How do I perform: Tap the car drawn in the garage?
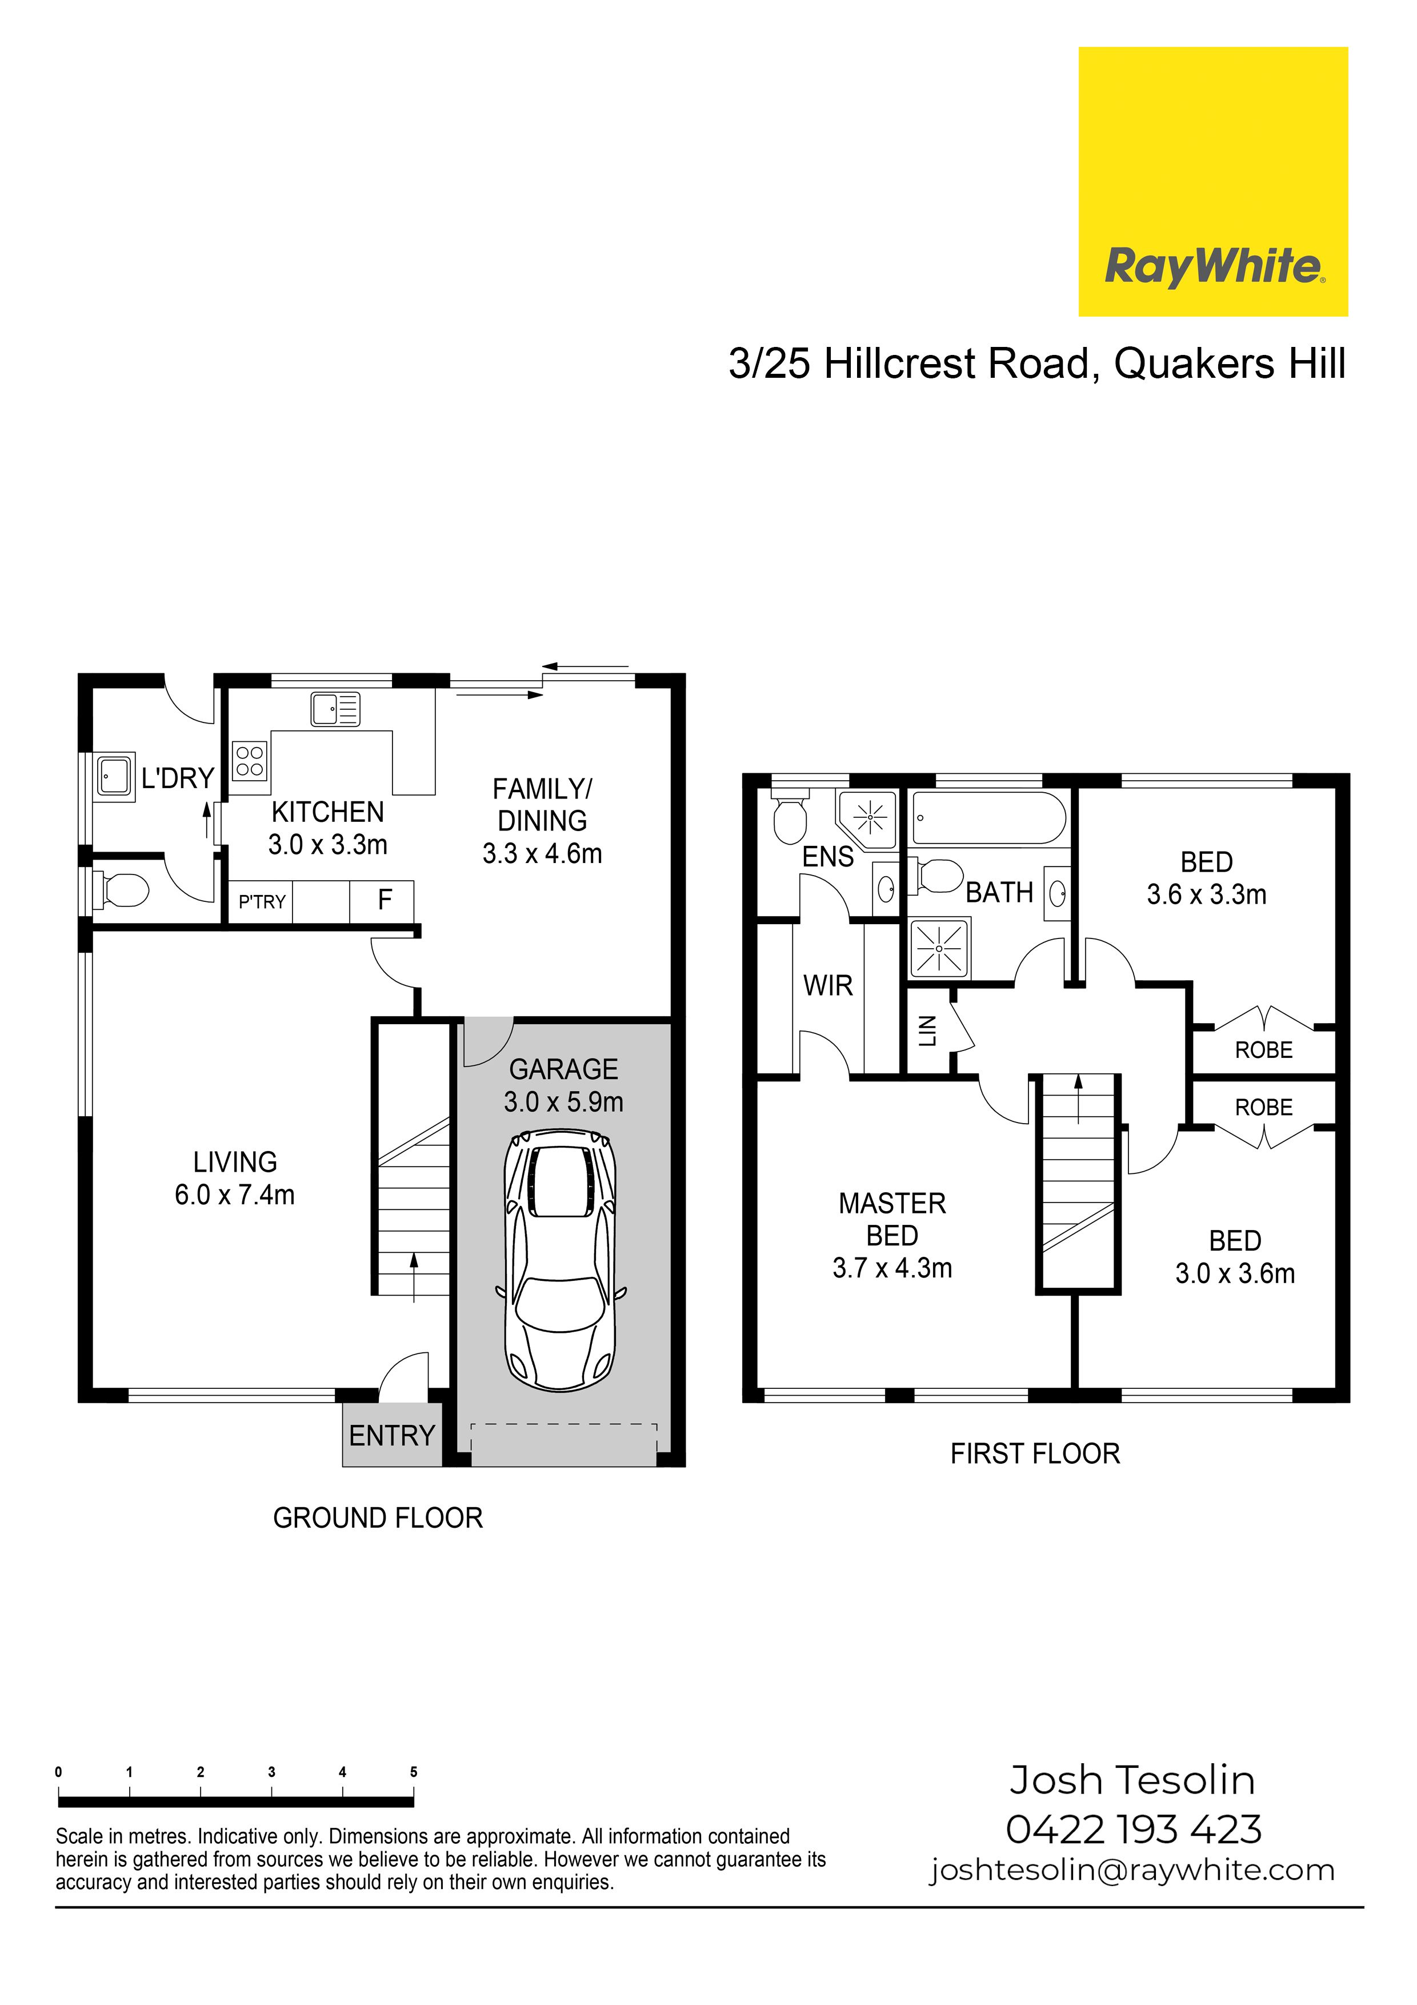coord(559,1261)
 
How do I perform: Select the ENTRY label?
coord(392,1435)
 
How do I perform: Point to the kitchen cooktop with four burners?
coord(250,760)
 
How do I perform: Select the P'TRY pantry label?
coord(262,901)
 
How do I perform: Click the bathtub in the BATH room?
coord(989,818)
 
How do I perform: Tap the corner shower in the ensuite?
coord(868,820)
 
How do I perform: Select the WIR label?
coord(828,986)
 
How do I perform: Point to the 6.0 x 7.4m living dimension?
coord(235,1195)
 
